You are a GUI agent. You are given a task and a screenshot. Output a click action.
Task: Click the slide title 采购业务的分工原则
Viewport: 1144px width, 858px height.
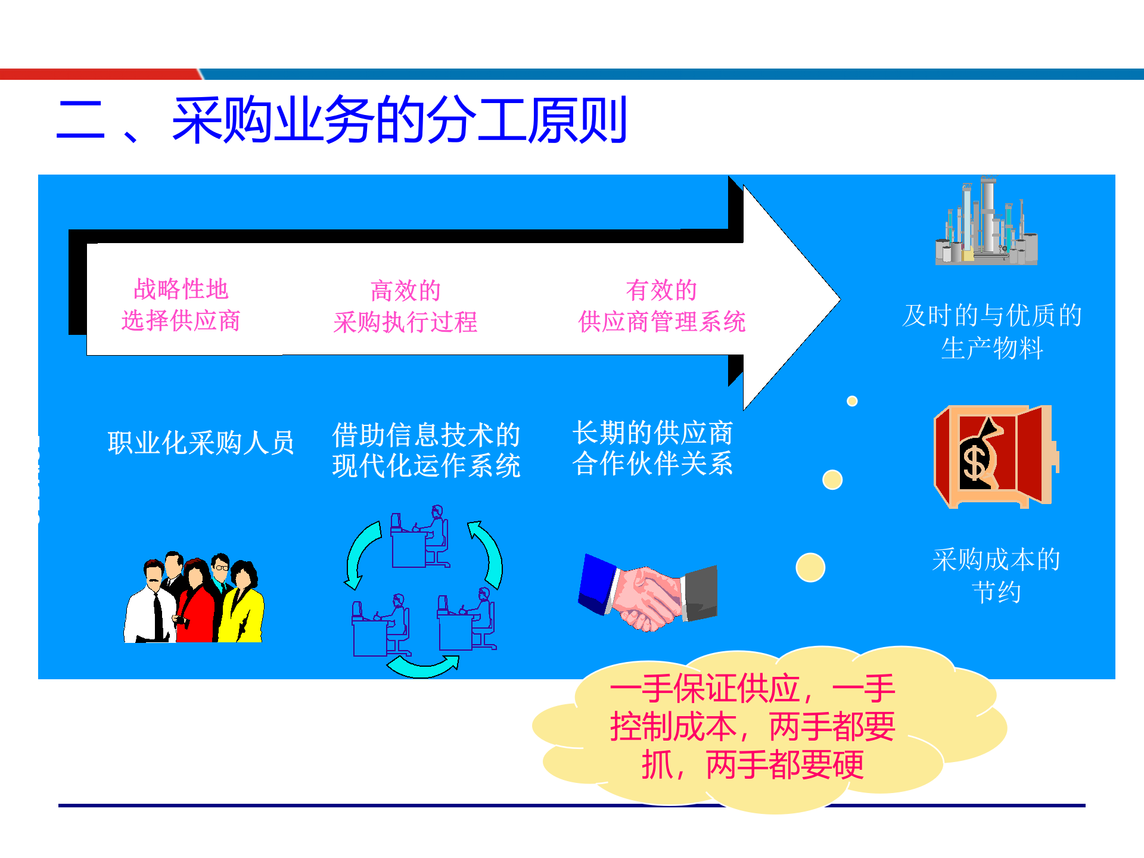click(399, 121)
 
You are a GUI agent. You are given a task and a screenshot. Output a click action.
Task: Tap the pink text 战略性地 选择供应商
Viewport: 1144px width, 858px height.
click(181, 305)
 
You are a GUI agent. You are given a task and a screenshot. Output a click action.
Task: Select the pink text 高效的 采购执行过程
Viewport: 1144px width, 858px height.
click(405, 306)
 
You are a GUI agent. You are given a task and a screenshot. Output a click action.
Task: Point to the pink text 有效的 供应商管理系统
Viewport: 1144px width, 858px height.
click(661, 306)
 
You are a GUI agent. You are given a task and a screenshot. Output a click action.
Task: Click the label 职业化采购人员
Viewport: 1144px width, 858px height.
click(201, 443)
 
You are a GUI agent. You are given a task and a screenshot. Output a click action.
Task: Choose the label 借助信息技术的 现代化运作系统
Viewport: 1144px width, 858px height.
click(426, 450)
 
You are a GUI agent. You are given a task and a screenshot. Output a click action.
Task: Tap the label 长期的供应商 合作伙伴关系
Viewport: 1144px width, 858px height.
click(652, 448)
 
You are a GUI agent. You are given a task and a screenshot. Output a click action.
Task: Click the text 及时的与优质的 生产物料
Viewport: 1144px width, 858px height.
click(992, 332)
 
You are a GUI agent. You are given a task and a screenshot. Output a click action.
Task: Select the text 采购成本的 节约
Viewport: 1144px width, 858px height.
click(996, 576)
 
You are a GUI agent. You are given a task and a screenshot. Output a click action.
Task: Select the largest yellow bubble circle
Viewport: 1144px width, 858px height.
click(810, 567)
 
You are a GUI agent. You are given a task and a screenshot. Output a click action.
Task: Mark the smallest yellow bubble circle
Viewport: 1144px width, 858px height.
click(852, 401)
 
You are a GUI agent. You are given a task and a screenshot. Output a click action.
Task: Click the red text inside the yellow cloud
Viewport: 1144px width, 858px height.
click(752, 727)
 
